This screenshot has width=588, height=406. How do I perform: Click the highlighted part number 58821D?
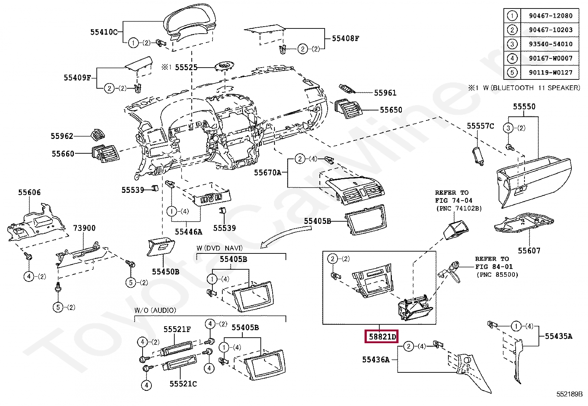382,337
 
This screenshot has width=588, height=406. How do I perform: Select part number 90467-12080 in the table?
550,16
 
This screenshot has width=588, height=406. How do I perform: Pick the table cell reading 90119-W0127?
550,72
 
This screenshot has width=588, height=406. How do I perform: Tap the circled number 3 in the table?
512,44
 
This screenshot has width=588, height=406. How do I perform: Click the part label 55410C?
104,32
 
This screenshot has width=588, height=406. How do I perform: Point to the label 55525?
186,67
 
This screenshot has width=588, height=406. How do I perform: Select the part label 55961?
385,93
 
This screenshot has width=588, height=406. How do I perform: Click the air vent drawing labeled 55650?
348,109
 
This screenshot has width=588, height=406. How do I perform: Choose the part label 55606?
30,192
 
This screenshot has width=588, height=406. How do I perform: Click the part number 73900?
84,228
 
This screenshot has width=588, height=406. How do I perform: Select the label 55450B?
165,272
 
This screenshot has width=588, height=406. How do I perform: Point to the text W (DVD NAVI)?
219,248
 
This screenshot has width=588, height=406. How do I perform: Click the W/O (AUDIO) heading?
155,310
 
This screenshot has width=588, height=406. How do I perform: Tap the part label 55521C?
183,384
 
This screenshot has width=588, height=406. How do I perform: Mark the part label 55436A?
376,359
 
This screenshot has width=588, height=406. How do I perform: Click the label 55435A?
558,336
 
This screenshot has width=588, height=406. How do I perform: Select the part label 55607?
529,251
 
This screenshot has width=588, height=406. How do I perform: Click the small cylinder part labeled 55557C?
478,157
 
